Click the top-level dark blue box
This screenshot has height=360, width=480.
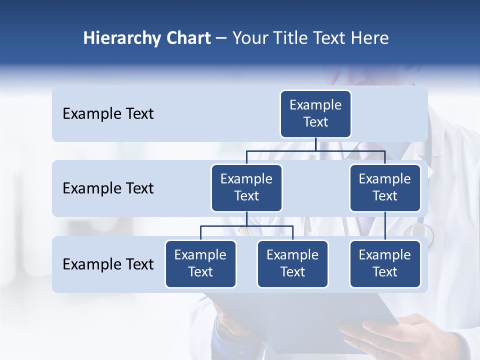[315, 113]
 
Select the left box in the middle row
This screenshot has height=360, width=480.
[246, 187]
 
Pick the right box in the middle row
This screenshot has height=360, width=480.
[385, 187]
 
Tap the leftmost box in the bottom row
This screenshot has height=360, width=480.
[200, 263]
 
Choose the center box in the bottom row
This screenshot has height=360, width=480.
[292, 263]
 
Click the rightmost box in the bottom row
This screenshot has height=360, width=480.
[385, 263]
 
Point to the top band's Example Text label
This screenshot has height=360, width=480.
[108, 113]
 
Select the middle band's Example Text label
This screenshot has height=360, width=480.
[108, 188]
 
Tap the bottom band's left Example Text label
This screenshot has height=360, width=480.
[108, 264]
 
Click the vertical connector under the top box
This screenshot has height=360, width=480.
[315, 144]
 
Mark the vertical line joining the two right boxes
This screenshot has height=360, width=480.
[385, 226]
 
